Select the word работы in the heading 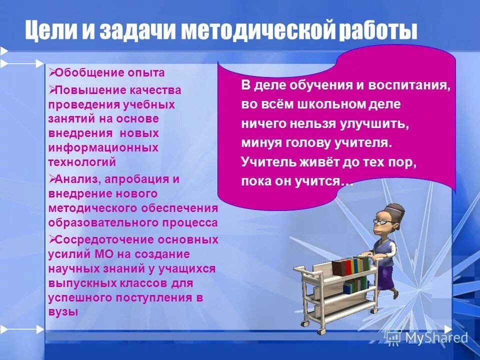pyautogui.click(x=378, y=31)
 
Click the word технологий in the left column pyautogui.click(x=82, y=162)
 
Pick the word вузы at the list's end pyautogui.click(x=63, y=311)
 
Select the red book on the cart pyautogui.click(x=339, y=267)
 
